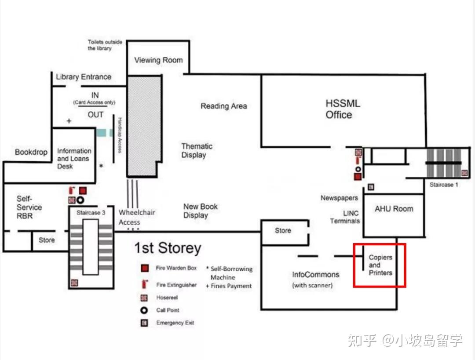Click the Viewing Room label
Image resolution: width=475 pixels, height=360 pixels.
(158, 60)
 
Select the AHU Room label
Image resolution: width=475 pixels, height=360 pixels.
(394, 209)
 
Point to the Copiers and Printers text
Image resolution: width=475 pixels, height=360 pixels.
(380, 265)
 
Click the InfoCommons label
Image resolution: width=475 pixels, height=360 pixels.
(315, 274)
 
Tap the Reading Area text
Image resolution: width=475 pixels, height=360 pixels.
(223, 106)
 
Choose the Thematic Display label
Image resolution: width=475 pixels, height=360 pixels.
(197, 150)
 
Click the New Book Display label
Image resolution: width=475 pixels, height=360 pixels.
(200, 211)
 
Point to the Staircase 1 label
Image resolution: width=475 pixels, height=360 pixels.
(444, 185)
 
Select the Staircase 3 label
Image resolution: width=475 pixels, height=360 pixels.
(91, 213)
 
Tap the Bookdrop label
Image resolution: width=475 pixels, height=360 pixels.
(31, 152)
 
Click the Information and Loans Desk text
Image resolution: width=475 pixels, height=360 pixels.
(74, 158)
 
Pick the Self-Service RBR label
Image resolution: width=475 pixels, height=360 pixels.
(29, 207)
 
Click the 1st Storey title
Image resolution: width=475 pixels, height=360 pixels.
(168, 247)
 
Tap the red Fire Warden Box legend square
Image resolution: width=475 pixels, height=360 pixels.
(145, 268)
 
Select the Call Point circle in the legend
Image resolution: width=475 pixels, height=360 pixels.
(144, 310)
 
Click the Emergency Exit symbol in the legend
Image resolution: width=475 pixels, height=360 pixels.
(144, 323)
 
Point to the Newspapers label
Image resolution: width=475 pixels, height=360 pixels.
(339, 198)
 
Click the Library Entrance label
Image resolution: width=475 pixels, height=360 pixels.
(83, 77)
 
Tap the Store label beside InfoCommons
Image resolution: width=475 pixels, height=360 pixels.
(283, 230)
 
